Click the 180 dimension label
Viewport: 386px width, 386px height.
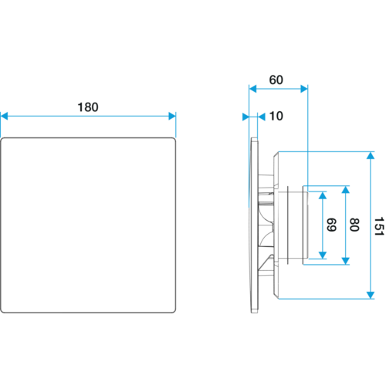click(88, 107)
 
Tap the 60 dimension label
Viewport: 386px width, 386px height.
click(276, 80)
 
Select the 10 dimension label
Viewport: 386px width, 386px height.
click(276, 116)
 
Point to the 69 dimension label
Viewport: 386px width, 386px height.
click(331, 225)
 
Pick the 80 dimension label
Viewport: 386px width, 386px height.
click(354, 225)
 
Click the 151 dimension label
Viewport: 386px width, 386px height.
click(379, 226)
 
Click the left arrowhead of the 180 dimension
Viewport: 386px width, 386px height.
click(5, 116)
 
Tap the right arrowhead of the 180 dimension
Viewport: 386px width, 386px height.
click(172, 116)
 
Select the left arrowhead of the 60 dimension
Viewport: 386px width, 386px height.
click(252, 89)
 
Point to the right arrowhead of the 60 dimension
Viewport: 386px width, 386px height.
click(304, 89)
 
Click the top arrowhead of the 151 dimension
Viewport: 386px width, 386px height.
click(371, 155)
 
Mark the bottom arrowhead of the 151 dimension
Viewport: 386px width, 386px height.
click(371, 295)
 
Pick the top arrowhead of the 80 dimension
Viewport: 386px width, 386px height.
click(346, 190)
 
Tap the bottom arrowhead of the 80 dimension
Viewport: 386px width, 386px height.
click(346, 261)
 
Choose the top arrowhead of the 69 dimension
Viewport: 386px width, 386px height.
click(323, 195)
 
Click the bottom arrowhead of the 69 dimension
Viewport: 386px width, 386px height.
click(323, 255)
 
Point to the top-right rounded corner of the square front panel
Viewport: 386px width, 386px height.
click(174, 140)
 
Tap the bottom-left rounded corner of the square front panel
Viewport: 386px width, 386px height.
click(2, 311)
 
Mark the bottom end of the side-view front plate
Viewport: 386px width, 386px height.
click(254, 313)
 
